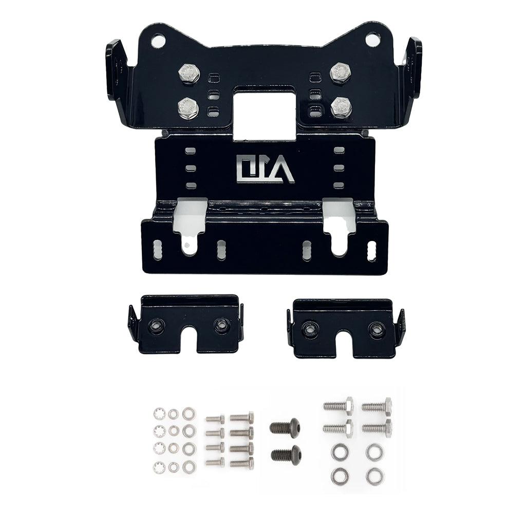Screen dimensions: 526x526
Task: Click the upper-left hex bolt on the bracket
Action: click(189, 73)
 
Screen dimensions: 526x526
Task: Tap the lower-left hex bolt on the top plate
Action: click(188, 107)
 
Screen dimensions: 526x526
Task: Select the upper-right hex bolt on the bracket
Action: click(340, 72)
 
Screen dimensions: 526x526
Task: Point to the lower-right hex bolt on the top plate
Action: click(341, 107)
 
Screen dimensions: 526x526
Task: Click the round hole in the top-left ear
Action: click(158, 40)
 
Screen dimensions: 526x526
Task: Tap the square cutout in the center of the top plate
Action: click(265, 113)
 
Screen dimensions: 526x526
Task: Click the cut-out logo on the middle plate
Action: click(265, 170)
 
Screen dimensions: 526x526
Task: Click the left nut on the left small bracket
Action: click(156, 325)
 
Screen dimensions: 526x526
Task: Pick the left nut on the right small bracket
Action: click(309, 329)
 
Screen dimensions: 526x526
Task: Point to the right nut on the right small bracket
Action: click(377, 330)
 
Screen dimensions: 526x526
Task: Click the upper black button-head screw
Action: click(285, 427)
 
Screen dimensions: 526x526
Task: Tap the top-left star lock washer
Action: click(159, 414)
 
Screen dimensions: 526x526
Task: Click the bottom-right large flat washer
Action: click(374, 477)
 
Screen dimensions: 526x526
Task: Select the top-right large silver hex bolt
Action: click(377, 407)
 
